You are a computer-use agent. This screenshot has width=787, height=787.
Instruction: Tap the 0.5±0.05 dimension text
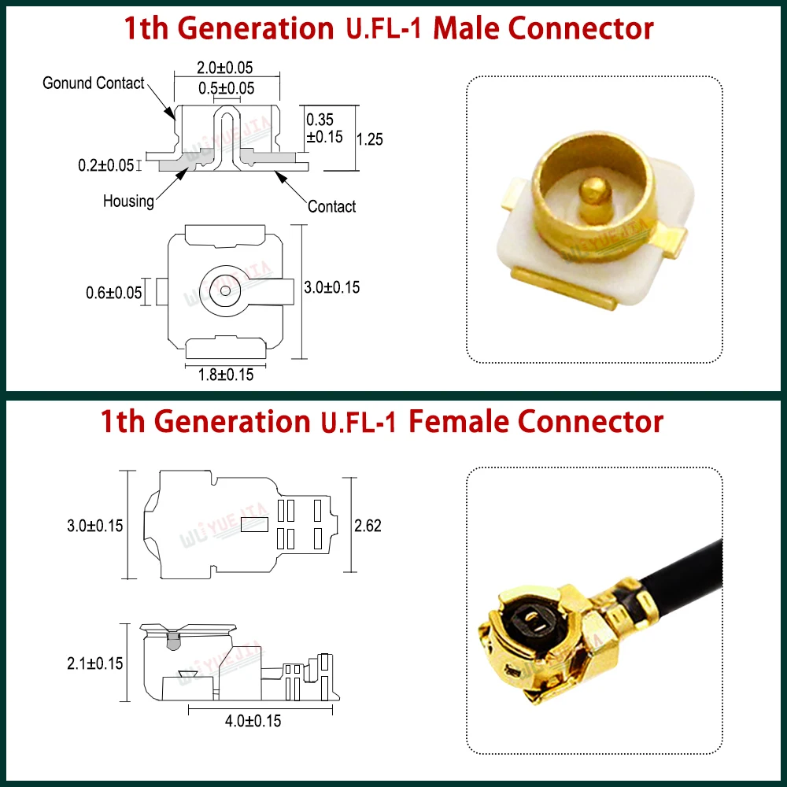[x=226, y=88]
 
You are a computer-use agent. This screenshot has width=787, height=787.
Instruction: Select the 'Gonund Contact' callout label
[x=94, y=83]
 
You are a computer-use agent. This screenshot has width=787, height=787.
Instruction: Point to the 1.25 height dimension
[x=370, y=139]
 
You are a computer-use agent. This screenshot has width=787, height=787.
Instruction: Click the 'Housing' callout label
[x=128, y=201]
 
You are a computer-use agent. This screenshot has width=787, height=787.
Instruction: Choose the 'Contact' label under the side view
[x=331, y=206]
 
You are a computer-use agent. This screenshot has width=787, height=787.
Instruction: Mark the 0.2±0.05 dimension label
[x=105, y=165]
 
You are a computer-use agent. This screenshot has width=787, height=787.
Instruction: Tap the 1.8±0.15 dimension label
[x=225, y=375]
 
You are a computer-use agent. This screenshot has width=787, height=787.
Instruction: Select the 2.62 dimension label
[x=368, y=525]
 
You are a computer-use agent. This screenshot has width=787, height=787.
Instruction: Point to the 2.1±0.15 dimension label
[x=95, y=663]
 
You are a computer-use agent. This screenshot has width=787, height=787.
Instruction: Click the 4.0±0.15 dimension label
[x=253, y=720]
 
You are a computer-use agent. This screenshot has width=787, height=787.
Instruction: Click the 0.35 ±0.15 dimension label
[x=323, y=127]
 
